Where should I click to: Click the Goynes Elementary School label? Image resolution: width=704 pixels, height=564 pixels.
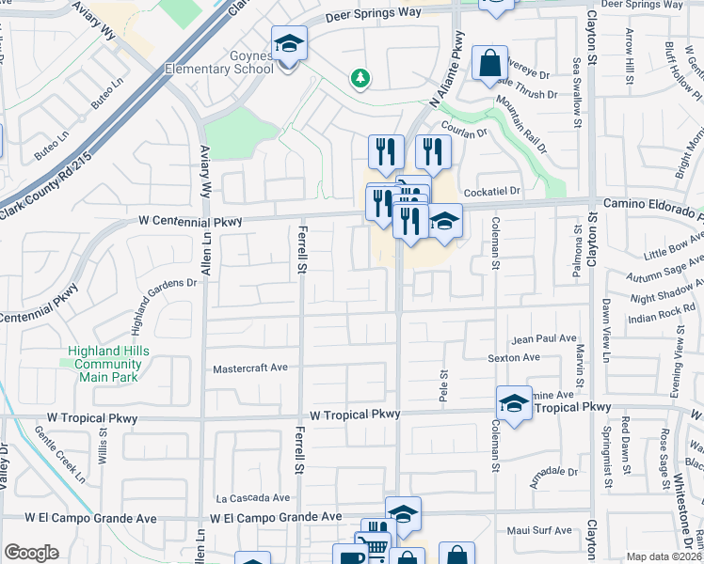point(232,62)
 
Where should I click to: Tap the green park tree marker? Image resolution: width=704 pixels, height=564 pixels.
point(360,78)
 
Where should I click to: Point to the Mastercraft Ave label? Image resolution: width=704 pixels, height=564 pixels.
point(249,368)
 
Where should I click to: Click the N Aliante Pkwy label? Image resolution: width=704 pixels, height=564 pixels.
point(449,70)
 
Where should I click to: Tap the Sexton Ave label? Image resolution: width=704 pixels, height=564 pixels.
point(514,358)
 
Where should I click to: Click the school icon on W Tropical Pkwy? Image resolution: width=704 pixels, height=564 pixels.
point(514,404)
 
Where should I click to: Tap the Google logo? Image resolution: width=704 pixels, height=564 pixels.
point(31,553)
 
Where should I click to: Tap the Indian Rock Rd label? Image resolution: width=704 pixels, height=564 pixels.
point(661,312)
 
